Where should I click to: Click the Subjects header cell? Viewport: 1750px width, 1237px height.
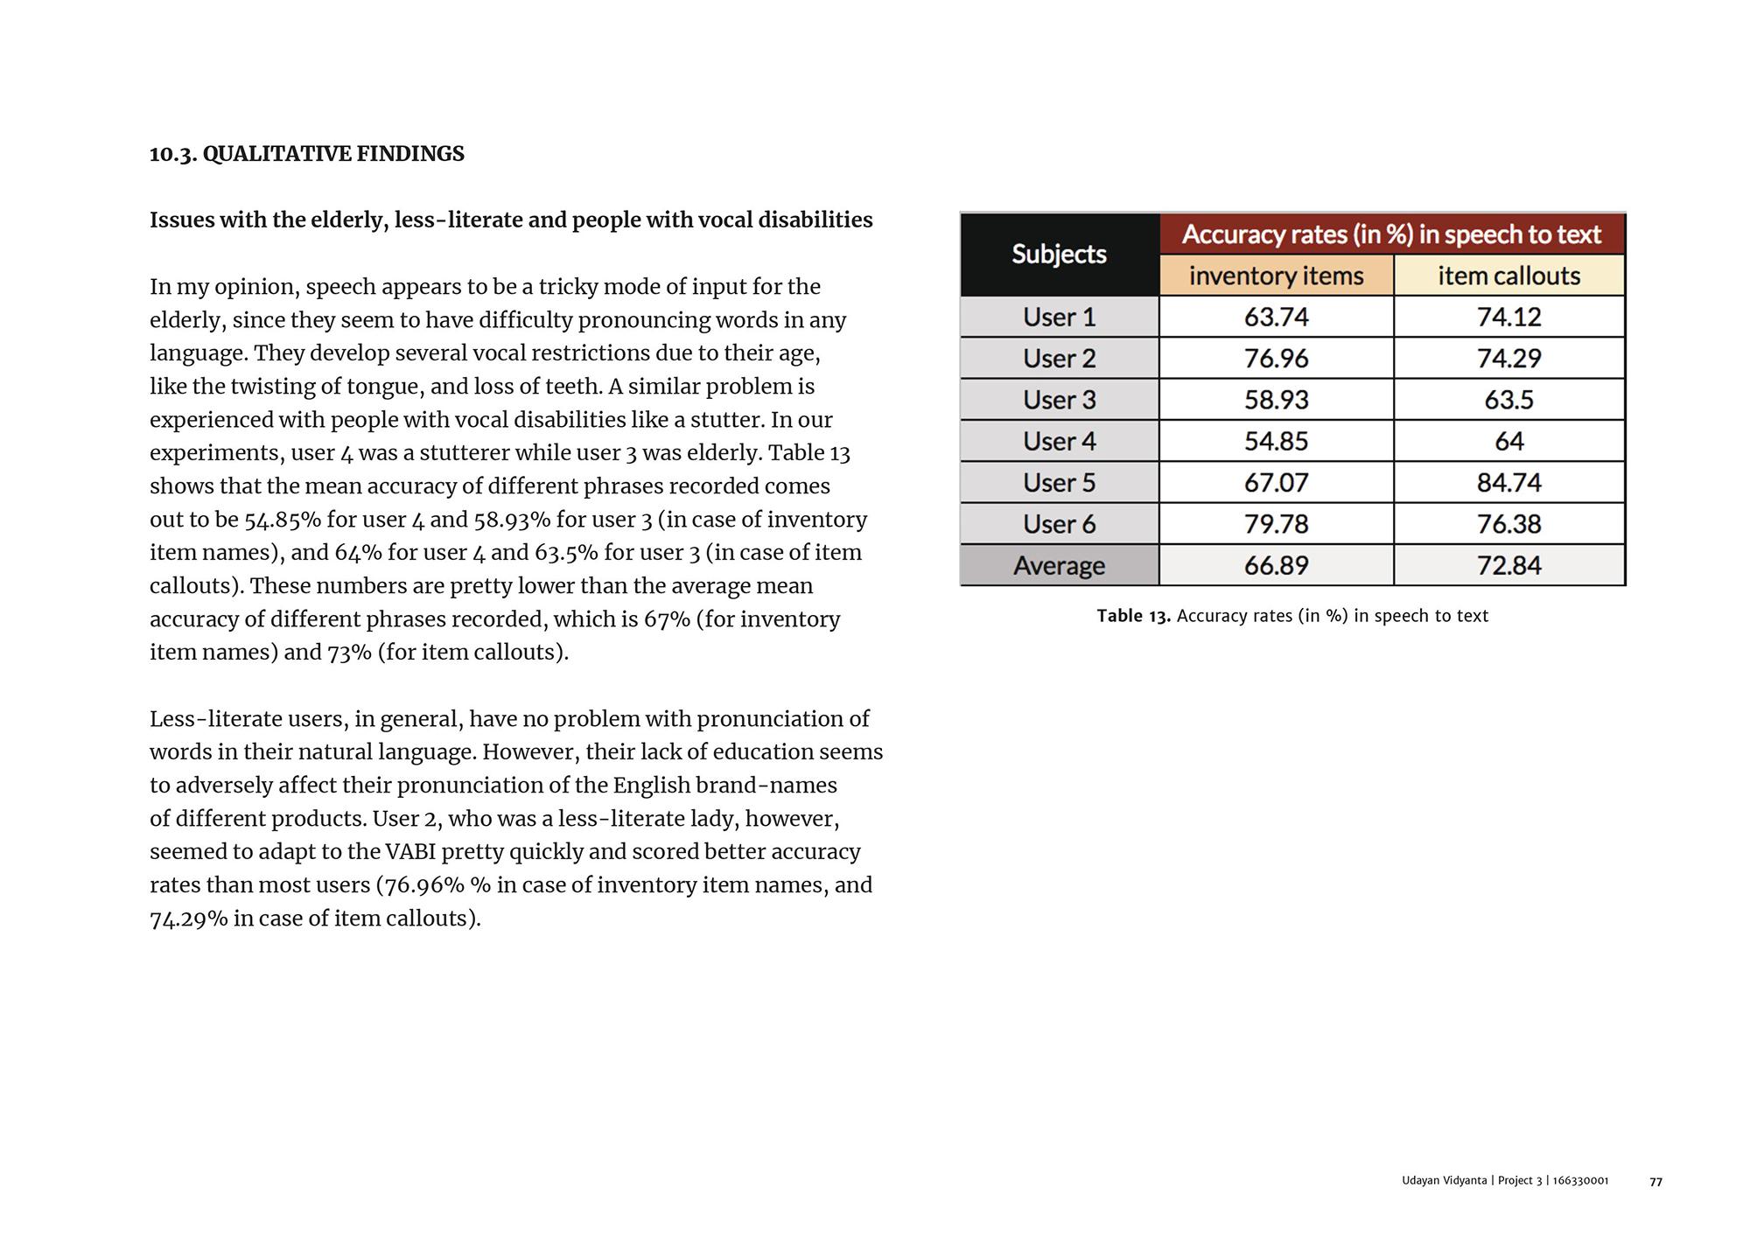(x=1059, y=254)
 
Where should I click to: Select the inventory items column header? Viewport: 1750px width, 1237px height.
(x=1276, y=276)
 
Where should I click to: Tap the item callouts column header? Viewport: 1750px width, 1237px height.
(x=1508, y=276)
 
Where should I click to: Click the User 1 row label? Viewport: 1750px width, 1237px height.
(x=1059, y=317)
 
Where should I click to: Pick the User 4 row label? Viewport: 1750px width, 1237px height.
(x=1059, y=441)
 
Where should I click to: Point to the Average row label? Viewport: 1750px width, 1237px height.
(x=1059, y=565)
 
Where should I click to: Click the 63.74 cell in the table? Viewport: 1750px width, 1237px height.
(x=1276, y=317)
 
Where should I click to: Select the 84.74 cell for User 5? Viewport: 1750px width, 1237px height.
(x=1508, y=482)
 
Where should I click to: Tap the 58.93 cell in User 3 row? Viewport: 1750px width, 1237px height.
(x=1276, y=400)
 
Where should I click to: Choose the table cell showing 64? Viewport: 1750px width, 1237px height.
(x=1508, y=441)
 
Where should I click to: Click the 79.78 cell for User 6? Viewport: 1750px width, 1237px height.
(x=1276, y=524)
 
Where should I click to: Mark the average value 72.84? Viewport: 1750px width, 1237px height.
(x=1508, y=565)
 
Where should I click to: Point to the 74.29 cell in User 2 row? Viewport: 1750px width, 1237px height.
(x=1508, y=358)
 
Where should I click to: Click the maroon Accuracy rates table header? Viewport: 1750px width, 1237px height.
(x=1391, y=234)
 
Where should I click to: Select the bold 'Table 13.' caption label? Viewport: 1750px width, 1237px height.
(x=1133, y=616)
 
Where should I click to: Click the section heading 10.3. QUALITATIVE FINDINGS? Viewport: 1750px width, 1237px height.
(x=307, y=154)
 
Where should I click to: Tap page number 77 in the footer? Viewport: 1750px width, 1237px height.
(x=1655, y=1182)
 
